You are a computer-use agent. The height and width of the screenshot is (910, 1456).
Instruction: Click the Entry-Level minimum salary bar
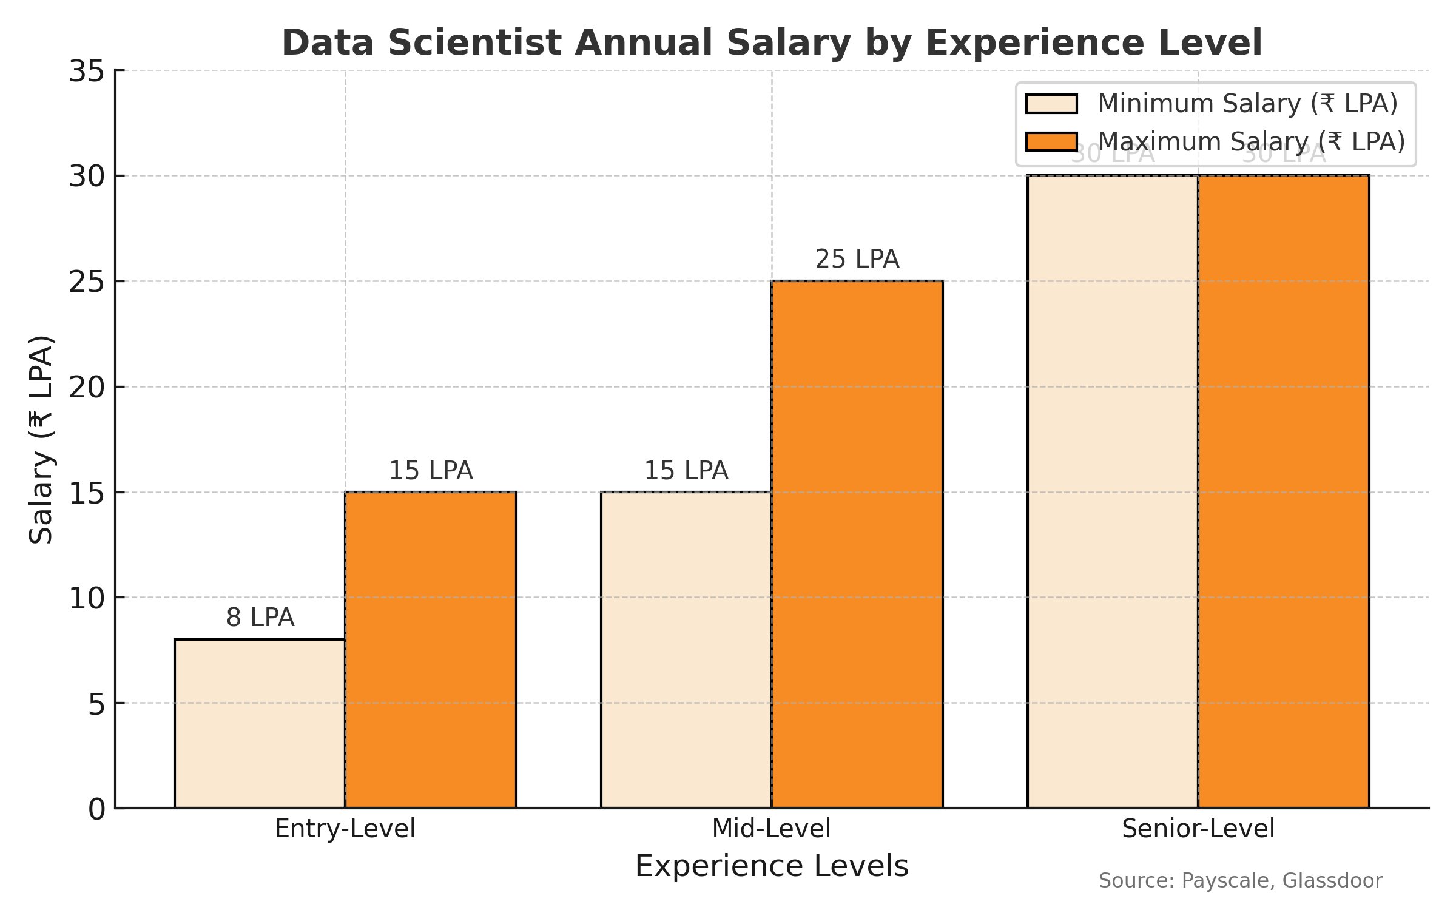260,723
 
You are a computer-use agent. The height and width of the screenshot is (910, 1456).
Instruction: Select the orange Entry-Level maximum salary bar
431,649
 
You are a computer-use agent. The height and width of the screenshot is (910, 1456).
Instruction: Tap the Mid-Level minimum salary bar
686,649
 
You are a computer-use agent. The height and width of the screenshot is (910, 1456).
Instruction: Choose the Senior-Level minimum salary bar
1113,491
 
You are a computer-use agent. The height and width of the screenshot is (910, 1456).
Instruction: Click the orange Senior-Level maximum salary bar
1284,491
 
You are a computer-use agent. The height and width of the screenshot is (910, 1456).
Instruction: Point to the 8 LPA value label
260,618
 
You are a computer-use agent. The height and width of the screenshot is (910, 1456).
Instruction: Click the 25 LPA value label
857,259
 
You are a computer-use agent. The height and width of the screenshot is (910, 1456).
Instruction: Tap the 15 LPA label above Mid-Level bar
686,471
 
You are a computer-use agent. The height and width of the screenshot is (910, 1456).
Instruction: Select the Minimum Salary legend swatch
1051,104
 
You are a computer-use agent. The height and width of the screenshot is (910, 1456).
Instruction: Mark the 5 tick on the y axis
97,704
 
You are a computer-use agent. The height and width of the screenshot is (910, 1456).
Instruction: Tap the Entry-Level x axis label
345,829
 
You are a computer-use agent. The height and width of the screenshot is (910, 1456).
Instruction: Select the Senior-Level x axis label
1198,829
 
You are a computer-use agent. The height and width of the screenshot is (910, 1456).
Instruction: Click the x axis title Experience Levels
772,866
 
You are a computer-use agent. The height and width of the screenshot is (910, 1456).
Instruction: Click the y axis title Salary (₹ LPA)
41,439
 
